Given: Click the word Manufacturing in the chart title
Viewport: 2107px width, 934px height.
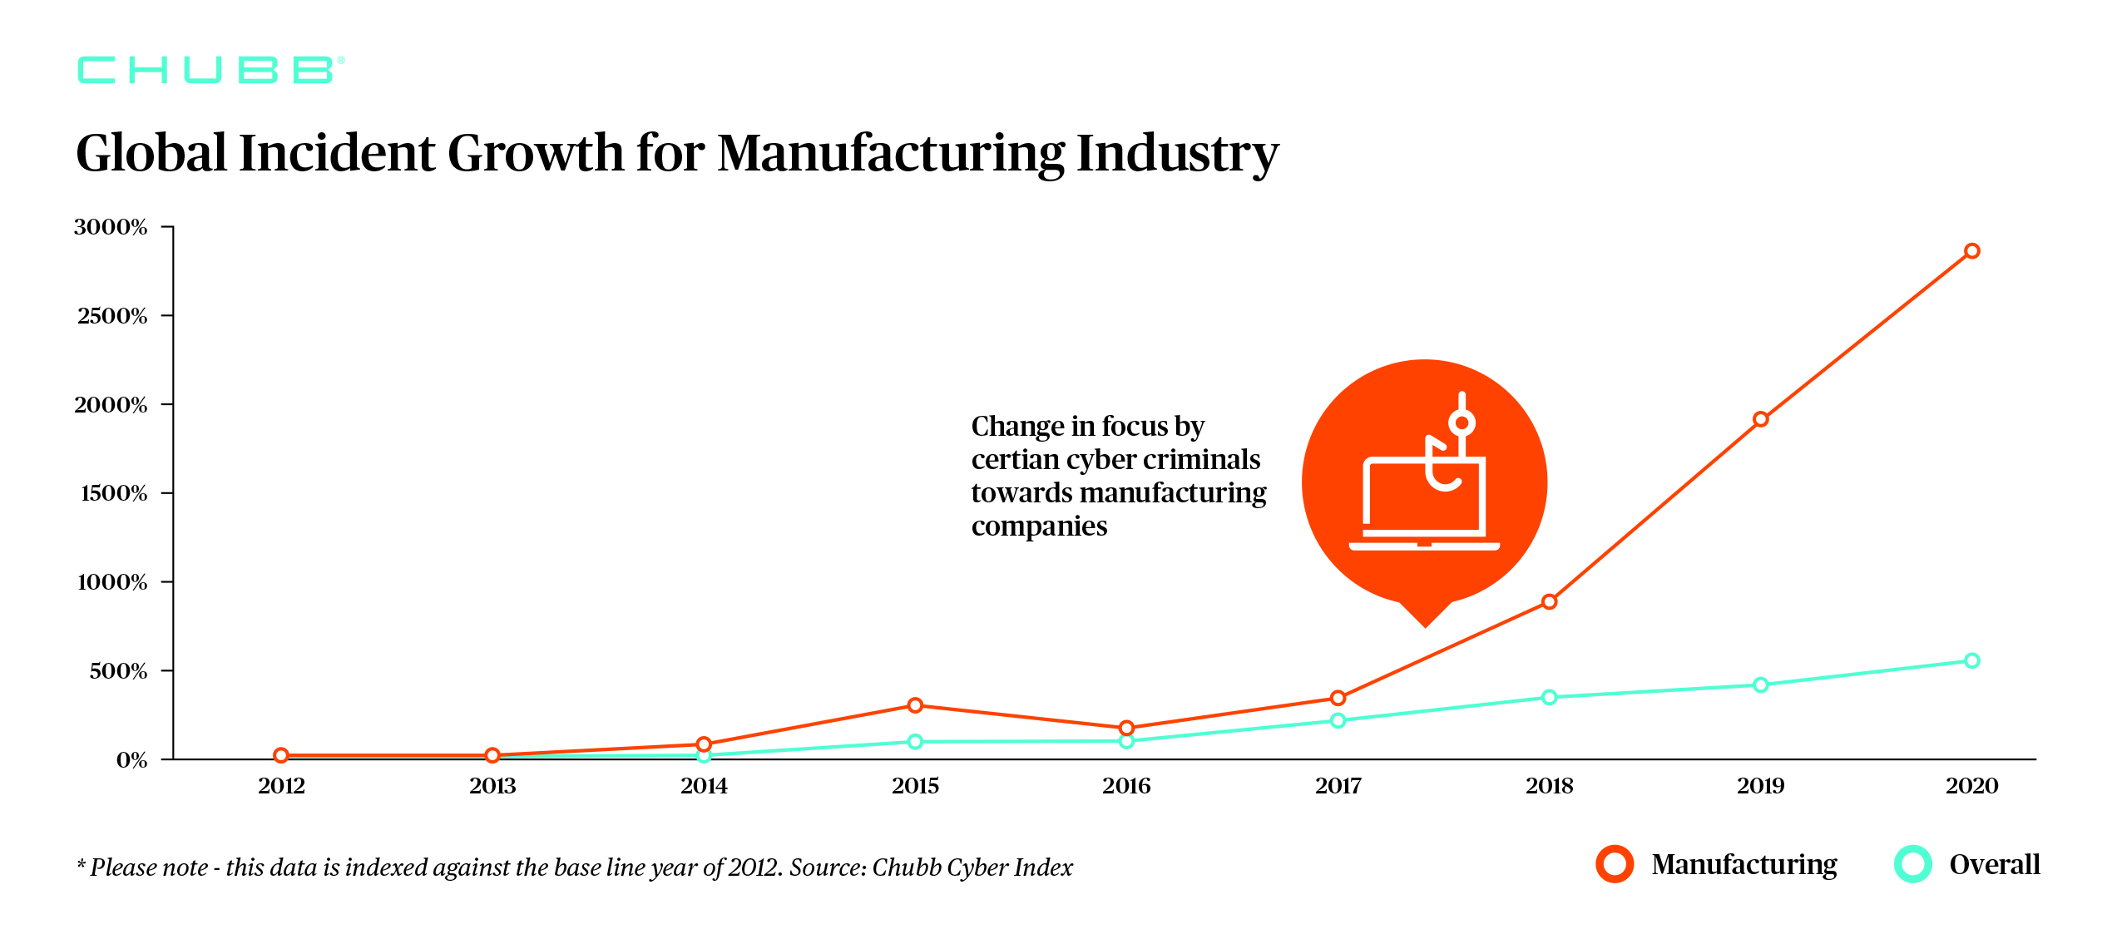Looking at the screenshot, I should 890,154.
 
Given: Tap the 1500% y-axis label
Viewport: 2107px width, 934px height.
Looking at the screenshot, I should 114,493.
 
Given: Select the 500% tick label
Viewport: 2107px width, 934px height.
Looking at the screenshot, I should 118,671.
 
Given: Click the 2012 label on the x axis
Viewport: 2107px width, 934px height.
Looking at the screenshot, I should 281,786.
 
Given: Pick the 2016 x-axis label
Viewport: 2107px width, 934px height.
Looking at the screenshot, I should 1126,786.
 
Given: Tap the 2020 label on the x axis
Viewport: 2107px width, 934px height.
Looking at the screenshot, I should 1971,786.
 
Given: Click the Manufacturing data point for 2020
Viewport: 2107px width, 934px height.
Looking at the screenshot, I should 1971,251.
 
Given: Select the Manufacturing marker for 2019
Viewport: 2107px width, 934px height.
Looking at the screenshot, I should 1760,419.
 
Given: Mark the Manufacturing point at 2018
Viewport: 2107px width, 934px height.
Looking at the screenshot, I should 1549,601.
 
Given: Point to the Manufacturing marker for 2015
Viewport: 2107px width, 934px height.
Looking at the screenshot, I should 915,705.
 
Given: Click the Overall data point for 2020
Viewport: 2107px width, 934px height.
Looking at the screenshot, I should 1971,661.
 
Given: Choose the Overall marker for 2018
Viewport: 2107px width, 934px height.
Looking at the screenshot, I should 1549,697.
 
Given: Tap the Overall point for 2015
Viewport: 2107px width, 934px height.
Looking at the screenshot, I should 915,741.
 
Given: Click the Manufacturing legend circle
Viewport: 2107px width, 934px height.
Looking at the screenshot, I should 1615,864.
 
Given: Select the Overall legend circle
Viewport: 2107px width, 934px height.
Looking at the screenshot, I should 1912,864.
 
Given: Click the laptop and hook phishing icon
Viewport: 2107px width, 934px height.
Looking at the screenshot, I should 1424,482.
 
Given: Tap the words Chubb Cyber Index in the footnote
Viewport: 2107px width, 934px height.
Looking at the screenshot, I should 972,867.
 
